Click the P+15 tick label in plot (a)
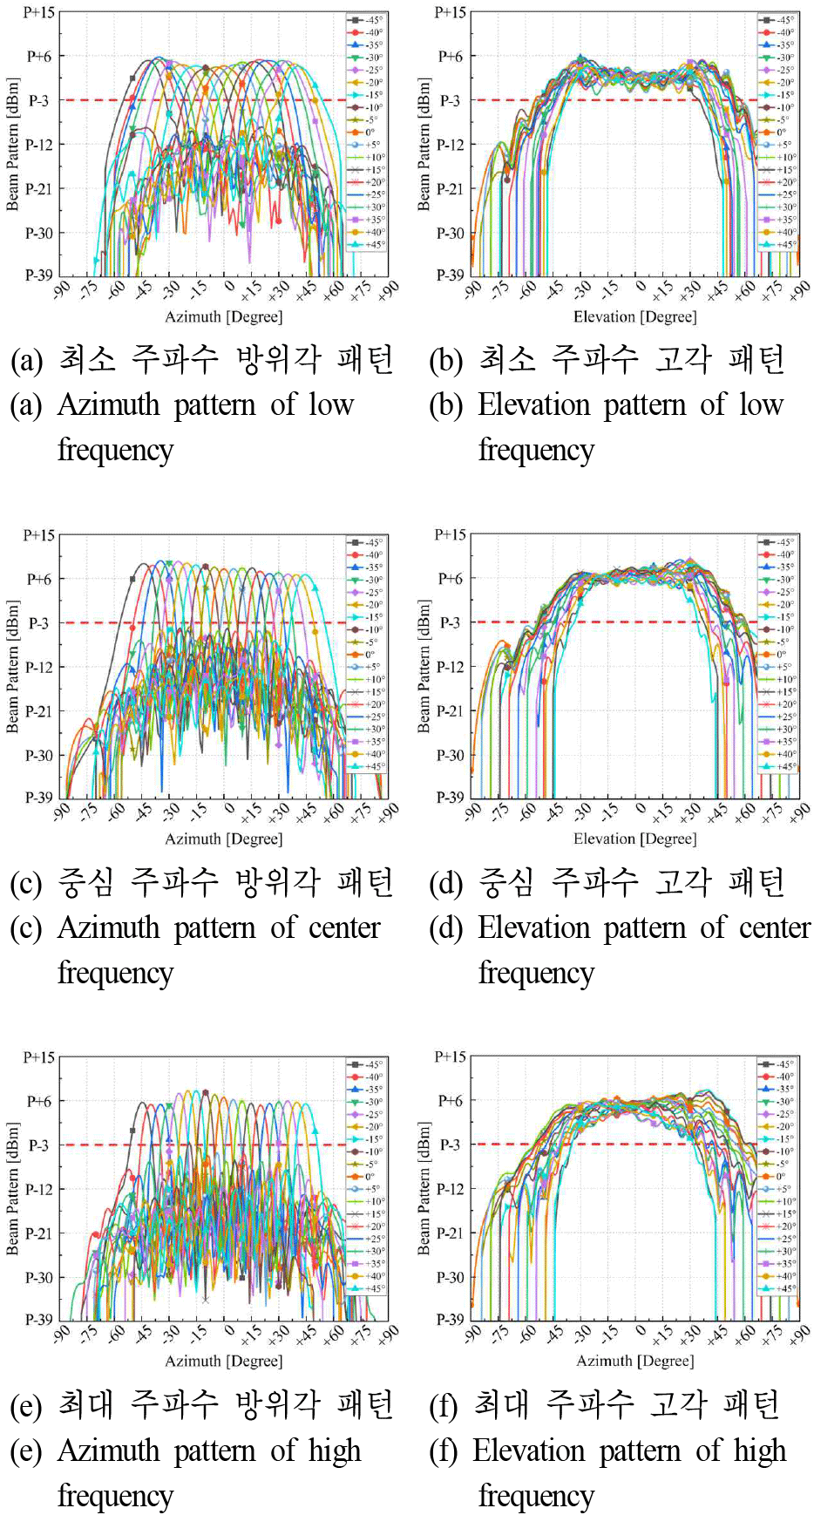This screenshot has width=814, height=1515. click(38, 13)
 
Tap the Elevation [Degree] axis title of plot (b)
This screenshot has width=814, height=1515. click(634, 316)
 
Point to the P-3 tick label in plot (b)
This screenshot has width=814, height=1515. click(450, 100)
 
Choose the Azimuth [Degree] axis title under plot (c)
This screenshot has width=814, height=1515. click(223, 839)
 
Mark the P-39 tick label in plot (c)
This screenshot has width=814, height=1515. click(38, 797)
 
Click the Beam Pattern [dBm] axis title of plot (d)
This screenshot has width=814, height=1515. click(424, 666)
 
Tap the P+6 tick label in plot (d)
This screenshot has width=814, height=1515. click(450, 578)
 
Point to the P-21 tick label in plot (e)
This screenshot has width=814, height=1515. click(38, 1233)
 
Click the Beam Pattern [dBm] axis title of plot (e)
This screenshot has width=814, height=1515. click(12, 1188)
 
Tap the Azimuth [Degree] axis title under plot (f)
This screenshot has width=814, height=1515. click(634, 1361)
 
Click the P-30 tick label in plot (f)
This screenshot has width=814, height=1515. click(450, 1277)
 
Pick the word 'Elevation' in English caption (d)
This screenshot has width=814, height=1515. click(533, 927)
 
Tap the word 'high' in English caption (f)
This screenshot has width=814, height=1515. click(759, 1450)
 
